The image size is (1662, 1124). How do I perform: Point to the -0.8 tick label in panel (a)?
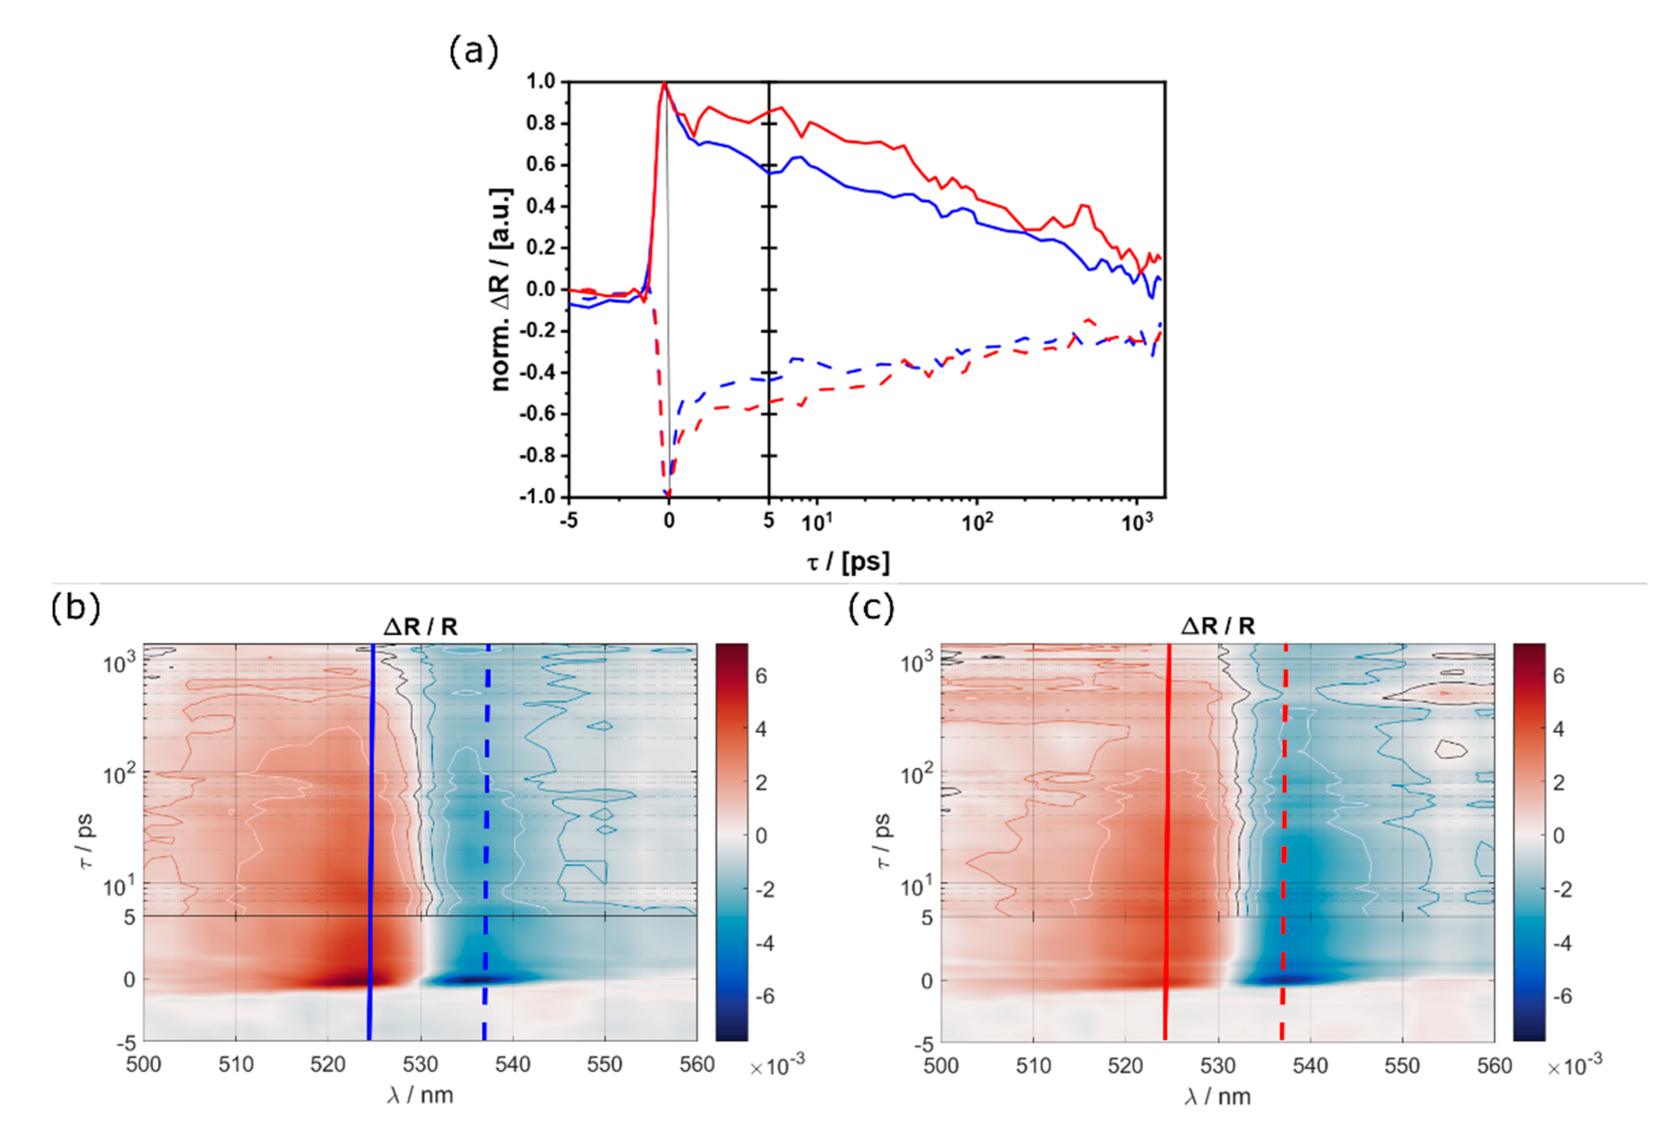(537, 456)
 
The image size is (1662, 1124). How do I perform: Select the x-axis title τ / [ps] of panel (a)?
(848, 563)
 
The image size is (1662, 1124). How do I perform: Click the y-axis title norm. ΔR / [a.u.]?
(501, 289)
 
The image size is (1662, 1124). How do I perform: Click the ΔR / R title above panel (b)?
(420, 627)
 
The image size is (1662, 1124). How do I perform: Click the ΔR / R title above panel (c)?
(1217, 627)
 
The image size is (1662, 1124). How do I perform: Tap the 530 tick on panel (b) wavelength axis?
(420, 1065)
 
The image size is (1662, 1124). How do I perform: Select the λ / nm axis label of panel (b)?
(420, 1095)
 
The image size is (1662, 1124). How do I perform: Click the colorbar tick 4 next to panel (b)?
(761, 729)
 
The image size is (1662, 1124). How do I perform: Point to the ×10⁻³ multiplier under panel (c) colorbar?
(1573, 1067)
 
